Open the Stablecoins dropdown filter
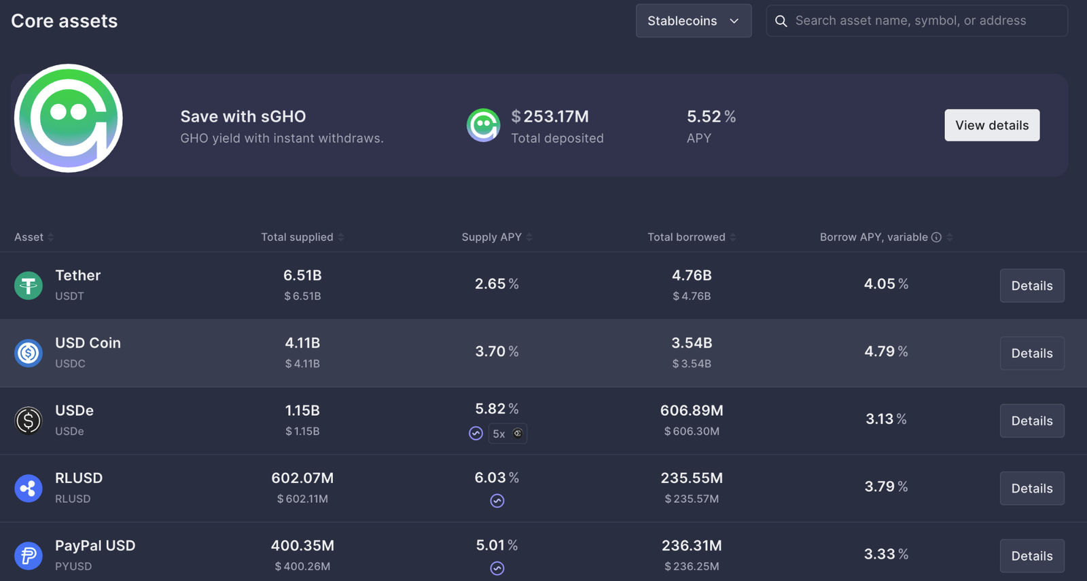[693, 21]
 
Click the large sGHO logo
[69, 118]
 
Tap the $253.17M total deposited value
[550, 117]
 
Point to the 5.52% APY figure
[711, 117]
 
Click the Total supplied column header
[298, 237]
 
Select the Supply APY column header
[492, 237]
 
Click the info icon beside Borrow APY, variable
[936, 237]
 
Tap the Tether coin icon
[29, 285]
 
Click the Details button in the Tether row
[1031, 286]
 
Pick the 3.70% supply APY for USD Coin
[497, 352]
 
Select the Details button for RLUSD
[1031, 489]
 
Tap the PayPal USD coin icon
[29, 556]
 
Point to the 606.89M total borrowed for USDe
[692, 410]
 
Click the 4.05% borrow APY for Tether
[886, 284]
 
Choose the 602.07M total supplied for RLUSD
[302, 478]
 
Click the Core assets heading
[65, 21]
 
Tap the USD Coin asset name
[88, 343]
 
